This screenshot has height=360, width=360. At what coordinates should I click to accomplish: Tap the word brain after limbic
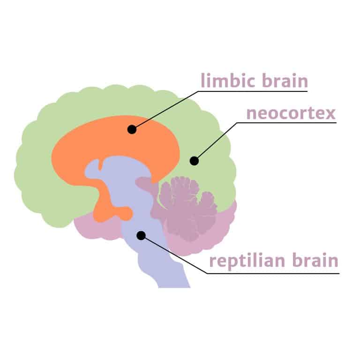point(285,80)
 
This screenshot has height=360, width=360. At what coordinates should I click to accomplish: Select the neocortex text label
point(291,113)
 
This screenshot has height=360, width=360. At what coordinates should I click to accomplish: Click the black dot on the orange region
point(132,129)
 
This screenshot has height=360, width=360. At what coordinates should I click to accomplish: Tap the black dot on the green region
point(194,161)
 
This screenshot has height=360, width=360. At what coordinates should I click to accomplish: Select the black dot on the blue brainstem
point(141,235)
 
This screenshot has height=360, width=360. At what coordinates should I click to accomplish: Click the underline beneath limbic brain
point(253,91)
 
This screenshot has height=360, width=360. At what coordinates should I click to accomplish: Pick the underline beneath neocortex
point(286,123)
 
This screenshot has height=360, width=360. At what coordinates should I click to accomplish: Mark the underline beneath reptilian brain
point(273,273)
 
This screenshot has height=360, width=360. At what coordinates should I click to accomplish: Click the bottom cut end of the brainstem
point(174,287)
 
